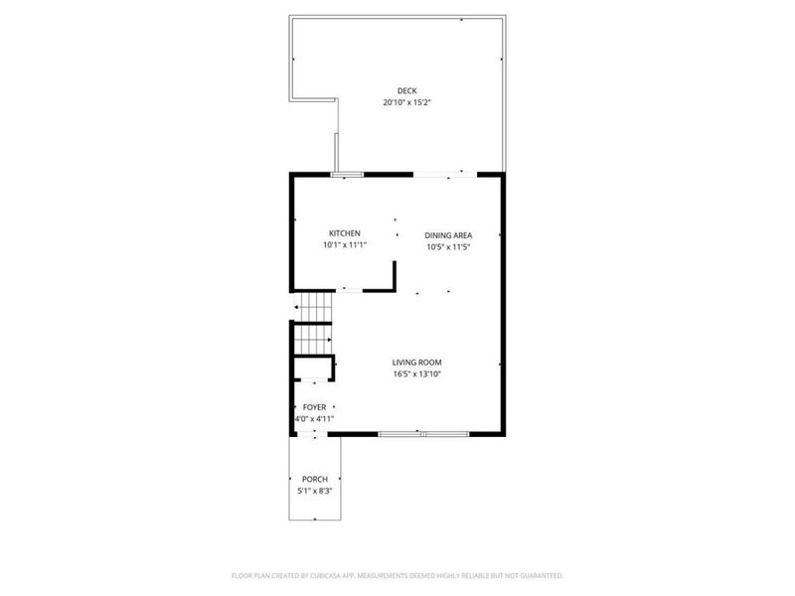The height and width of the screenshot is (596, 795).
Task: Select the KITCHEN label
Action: coord(331,233)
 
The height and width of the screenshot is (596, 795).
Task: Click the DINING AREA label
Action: coord(446,235)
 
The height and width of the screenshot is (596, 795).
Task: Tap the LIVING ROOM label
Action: coord(416,363)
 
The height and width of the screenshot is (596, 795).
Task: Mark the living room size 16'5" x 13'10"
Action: coord(416,374)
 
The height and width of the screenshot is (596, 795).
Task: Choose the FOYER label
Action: coord(314,407)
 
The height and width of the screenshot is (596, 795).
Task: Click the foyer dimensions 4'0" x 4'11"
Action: coord(314,419)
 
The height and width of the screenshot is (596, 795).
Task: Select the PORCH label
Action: coord(315,479)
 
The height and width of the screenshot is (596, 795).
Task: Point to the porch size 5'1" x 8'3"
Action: coord(315,491)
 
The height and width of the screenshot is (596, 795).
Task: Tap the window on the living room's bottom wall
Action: coord(424,434)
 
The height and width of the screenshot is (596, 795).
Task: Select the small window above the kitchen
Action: coord(346,175)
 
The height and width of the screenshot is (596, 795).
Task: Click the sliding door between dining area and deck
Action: coord(444,175)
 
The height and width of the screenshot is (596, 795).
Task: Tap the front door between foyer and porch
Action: coord(315,435)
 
